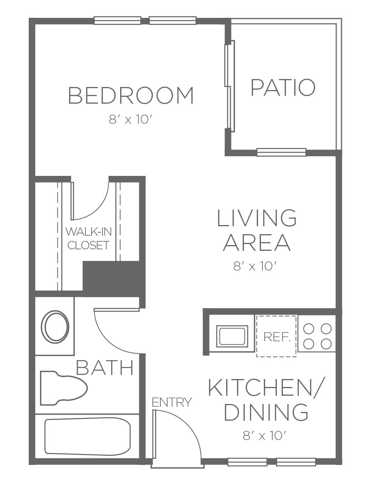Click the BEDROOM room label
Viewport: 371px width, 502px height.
pyautogui.click(x=131, y=95)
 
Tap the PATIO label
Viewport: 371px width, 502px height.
pyautogui.click(x=283, y=87)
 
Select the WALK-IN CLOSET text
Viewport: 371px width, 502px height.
pyautogui.click(x=88, y=239)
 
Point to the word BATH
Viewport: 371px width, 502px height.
pyautogui.click(x=105, y=368)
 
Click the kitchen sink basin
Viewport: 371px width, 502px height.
pyautogui.click(x=232, y=336)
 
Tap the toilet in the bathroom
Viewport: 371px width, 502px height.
pyautogui.click(x=64, y=388)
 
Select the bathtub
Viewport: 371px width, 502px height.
pyautogui.click(x=88, y=436)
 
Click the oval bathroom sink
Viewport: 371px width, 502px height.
pyautogui.click(x=55, y=326)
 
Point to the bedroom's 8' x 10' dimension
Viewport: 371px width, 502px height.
pyautogui.click(x=130, y=119)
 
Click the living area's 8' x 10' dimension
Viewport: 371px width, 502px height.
pyautogui.click(x=255, y=266)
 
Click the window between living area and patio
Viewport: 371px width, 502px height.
pyautogui.click(x=282, y=152)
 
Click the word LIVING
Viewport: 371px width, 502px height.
pyautogui.click(x=257, y=218)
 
